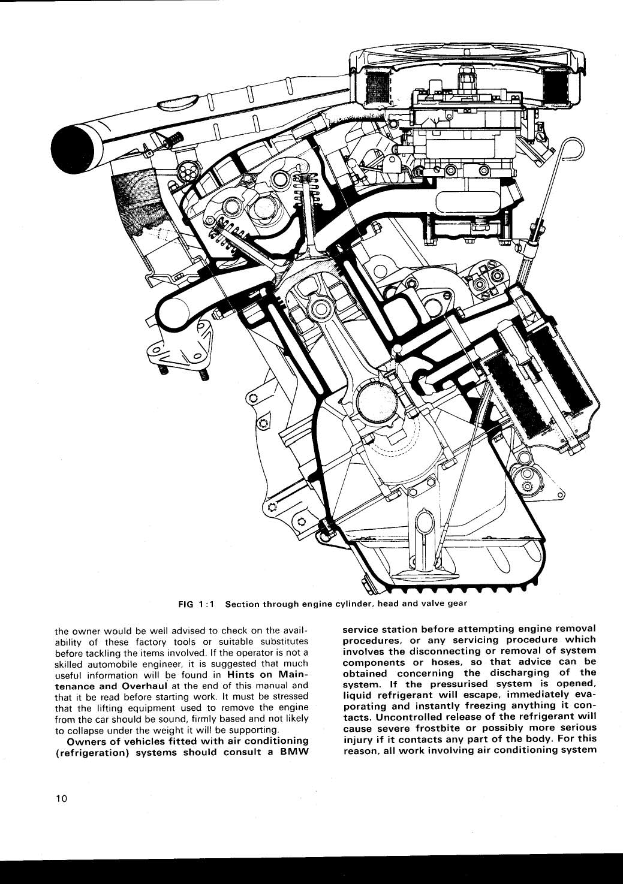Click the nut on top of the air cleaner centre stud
tap(465, 77)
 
